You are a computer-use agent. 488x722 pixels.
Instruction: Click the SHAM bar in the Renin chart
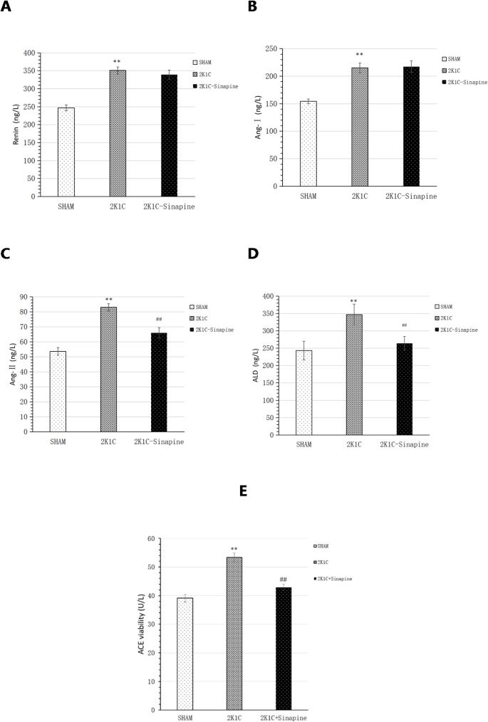(66, 152)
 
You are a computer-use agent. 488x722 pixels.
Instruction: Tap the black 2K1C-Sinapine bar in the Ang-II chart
(159, 382)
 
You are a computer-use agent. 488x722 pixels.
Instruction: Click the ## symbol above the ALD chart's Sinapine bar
(404, 326)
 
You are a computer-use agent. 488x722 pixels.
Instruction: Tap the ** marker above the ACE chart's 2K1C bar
(234, 549)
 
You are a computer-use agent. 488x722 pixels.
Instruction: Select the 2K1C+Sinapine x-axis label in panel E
(283, 717)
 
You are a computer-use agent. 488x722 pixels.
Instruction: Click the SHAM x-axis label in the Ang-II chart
(58, 441)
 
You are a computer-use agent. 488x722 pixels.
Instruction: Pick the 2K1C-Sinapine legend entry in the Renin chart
(218, 85)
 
